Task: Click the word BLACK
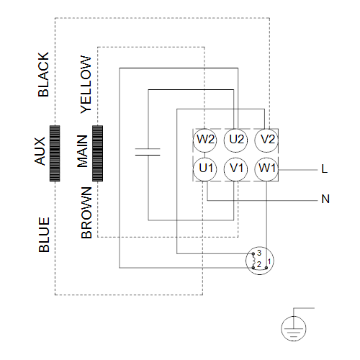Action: [43, 74]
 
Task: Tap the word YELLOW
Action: [86, 84]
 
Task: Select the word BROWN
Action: [86, 212]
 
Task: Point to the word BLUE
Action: [44, 235]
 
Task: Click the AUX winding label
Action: [40, 151]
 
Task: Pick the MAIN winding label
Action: [82, 151]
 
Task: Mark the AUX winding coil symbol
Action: [55, 153]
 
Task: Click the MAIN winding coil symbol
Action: [97, 153]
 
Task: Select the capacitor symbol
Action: [148, 152]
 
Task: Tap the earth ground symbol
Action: [294, 328]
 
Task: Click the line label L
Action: [325, 168]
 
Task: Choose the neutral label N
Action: [325, 199]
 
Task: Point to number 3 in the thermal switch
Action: [259, 253]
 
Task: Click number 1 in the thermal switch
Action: [269, 261]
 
